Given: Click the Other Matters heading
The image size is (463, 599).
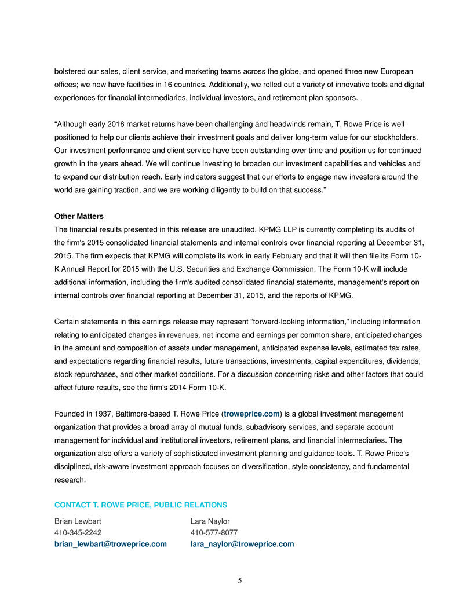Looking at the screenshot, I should pos(79,216).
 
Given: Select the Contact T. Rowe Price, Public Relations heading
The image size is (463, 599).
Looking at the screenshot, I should pos(141,505).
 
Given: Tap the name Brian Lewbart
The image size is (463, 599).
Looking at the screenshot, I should pos(78,521).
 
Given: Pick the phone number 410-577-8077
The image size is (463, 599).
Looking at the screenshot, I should pos(214,532).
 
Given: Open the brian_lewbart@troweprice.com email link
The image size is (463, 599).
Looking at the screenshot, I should pos(111,544).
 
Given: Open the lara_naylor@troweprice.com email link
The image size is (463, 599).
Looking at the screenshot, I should pos(242,544).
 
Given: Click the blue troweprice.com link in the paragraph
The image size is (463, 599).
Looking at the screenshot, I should pos(251,413).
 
